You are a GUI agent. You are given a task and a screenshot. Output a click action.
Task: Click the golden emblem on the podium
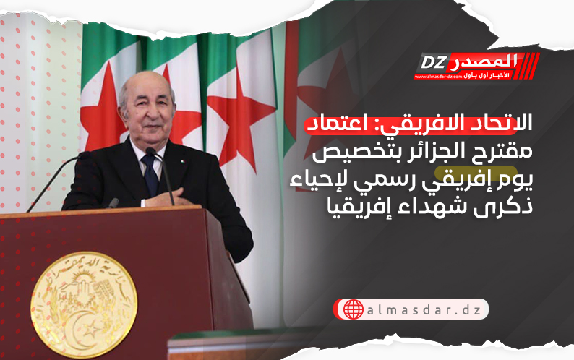click(x=84, y=296)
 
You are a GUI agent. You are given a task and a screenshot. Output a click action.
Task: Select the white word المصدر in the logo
click(x=481, y=61)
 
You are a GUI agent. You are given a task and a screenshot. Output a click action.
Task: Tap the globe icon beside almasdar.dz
click(x=354, y=309)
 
